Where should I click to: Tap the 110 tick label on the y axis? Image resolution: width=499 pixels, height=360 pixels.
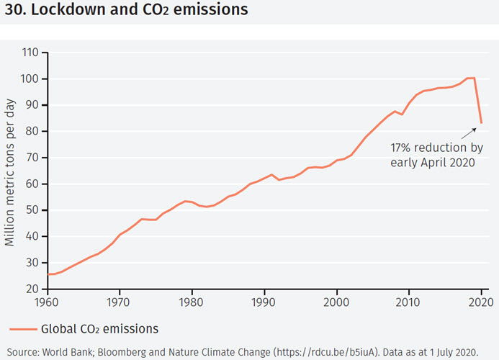[30, 53]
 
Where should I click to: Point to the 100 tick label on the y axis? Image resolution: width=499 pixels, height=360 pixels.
[30, 79]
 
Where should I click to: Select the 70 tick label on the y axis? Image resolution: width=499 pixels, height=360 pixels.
[32, 158]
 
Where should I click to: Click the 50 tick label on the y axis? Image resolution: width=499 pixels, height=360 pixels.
[32, 210]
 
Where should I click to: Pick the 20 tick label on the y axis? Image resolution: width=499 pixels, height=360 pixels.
[32, 289]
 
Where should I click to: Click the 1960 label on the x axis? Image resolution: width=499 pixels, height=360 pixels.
[47, 303]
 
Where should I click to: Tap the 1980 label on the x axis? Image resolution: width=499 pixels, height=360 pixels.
[192, 303]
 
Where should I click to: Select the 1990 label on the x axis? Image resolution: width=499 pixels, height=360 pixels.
[265, 303]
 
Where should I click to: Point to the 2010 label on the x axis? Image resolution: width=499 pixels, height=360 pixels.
[410, 303]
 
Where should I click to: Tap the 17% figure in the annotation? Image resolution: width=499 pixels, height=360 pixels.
[403, 147]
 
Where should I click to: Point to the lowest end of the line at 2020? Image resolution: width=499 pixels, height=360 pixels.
[482, 123]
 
